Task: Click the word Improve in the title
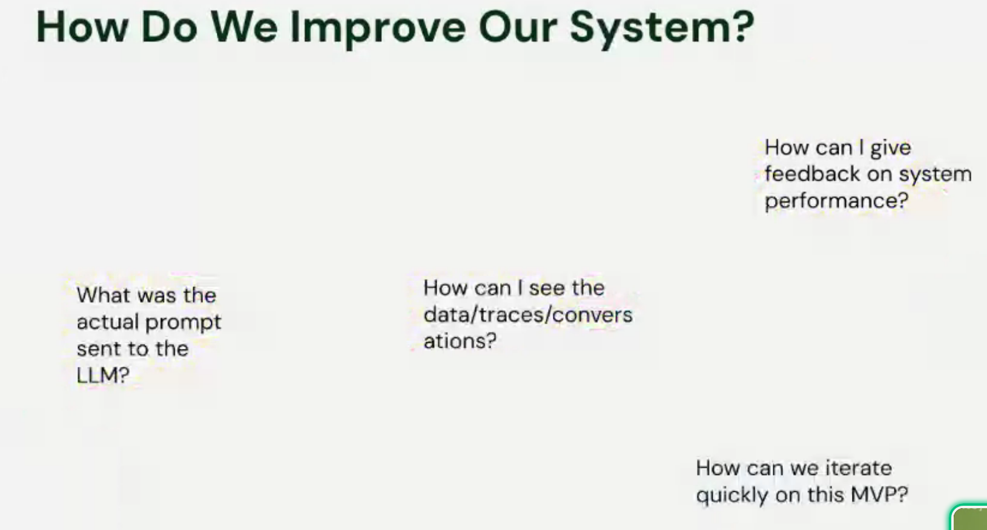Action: [378, 28]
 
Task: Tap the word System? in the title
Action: [662, 28]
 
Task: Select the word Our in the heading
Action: [518, 28]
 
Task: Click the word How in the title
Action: [82, 28]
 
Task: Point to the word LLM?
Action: [103, 376]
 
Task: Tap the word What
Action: [104, 296]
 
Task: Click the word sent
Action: [99, 349]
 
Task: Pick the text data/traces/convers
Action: [528, 315]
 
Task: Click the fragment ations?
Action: [460, 342]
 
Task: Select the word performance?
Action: [836, 201]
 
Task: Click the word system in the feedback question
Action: [935, 174]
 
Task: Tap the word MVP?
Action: [879, 495]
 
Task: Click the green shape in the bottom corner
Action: [971, 519]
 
